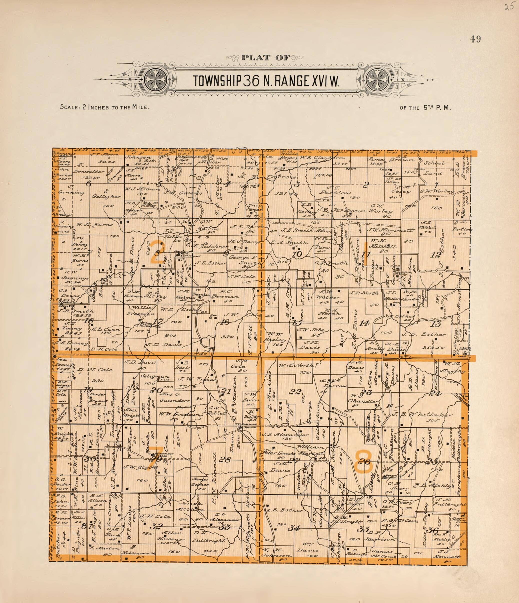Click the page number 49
(475, 39)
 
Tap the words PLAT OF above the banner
(265, 58)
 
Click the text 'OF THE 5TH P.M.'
(425, 108)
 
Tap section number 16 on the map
(224, 322)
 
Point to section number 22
(295, 392)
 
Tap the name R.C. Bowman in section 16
(225, 296)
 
